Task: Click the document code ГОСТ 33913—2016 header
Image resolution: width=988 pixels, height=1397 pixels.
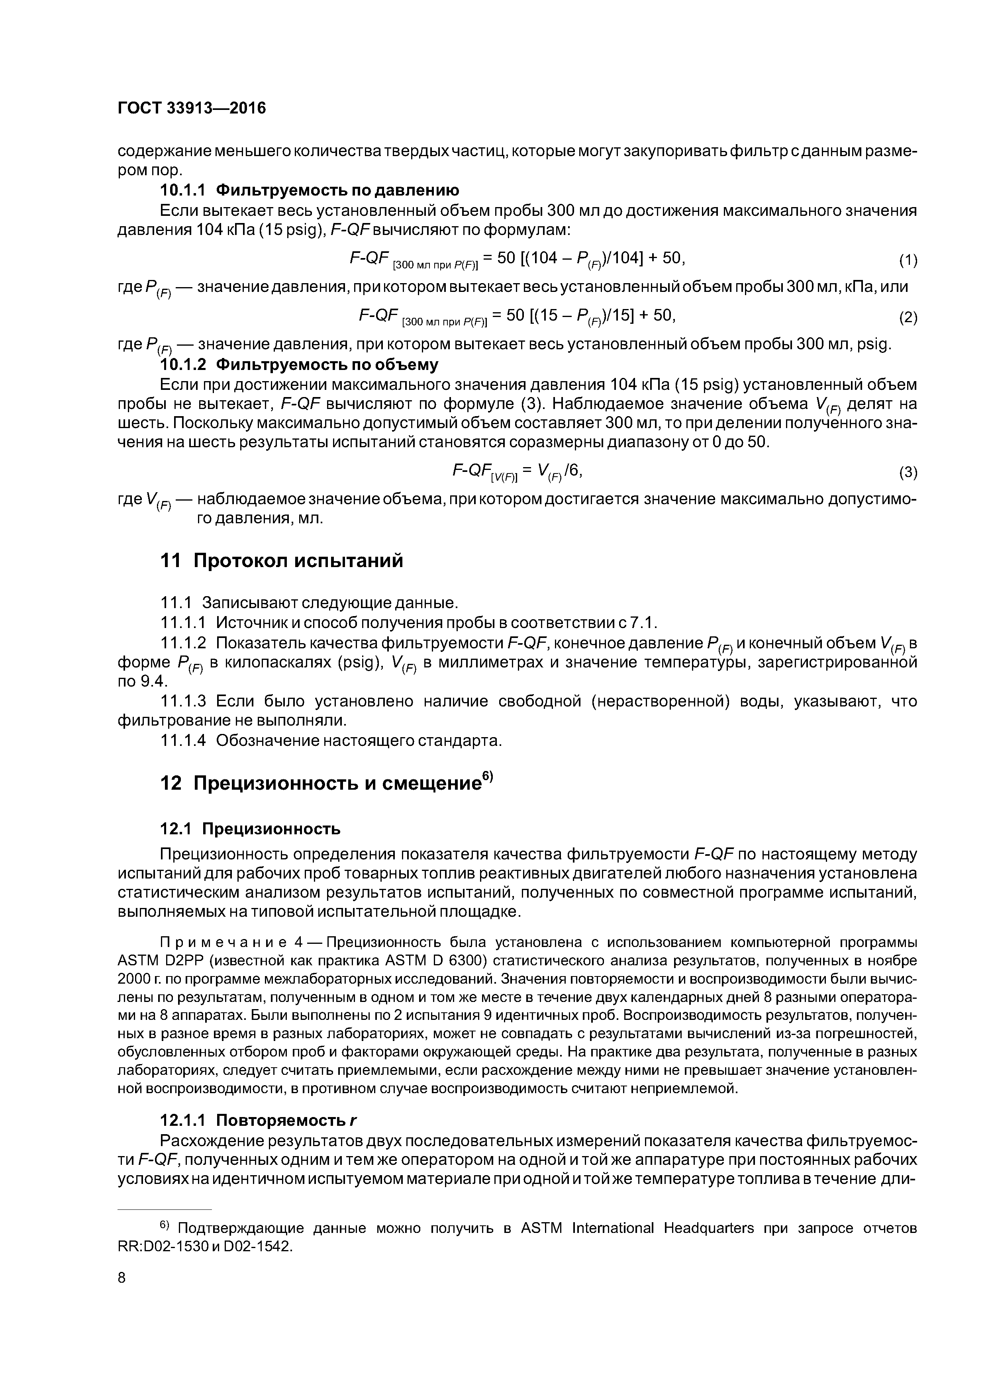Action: (x=191, y=108)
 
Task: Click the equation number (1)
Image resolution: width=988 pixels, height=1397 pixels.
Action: (x=908, y=260)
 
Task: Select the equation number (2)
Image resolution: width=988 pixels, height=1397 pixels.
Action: (x=908, y=318)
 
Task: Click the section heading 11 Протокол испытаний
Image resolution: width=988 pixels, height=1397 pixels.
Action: (x=281, y=560)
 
